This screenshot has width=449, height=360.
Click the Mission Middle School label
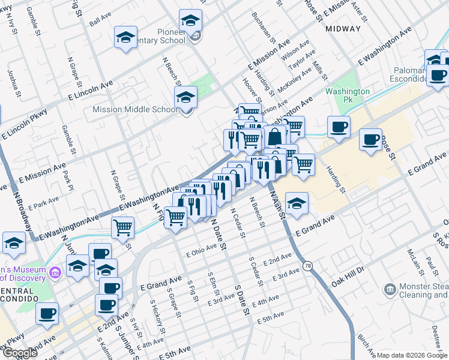point(135,109)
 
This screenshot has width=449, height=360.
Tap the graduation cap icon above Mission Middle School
point(186,97)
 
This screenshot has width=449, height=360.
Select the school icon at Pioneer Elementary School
point(190,21)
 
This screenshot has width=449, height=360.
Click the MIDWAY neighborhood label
point(343,28)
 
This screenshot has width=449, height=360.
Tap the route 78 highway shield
point(308,265)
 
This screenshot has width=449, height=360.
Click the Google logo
point(19,352)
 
